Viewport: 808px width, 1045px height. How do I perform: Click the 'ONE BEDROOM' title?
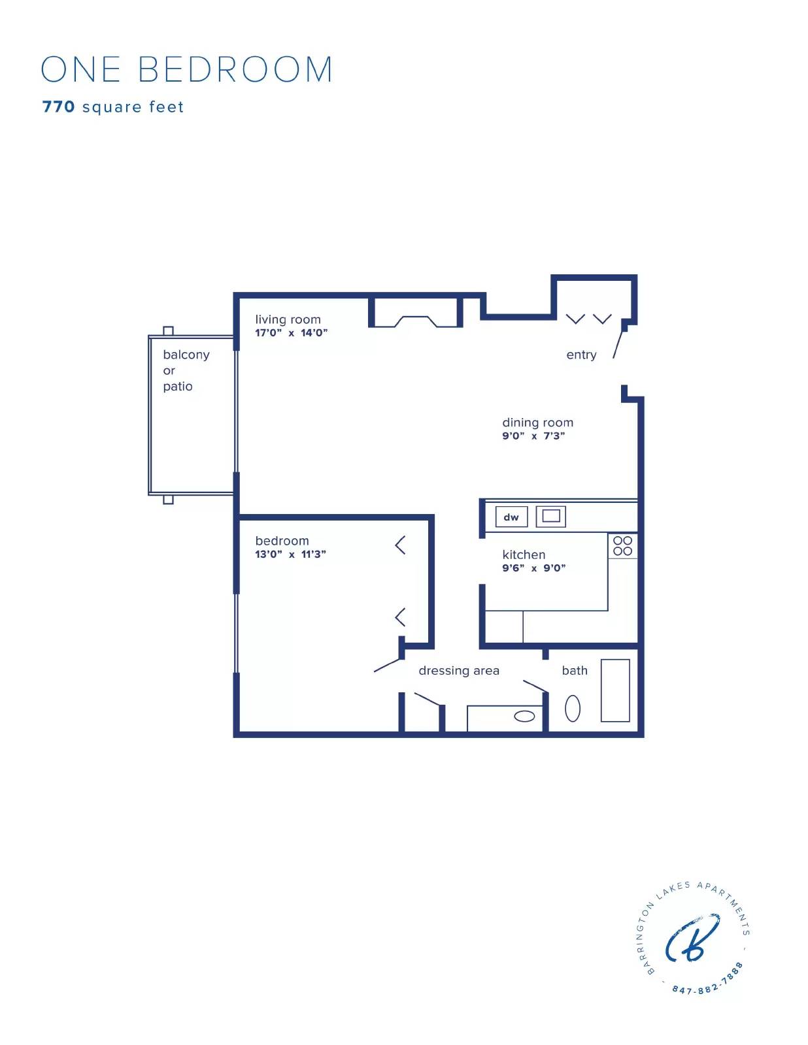pos(187,69)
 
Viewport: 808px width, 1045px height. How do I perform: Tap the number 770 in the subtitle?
pos(58,107)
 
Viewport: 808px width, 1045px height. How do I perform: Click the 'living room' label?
pos(288,319)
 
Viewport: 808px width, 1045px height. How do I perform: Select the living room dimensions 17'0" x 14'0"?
pos(291,332)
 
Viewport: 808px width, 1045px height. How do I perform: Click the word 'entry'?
pos(581,355)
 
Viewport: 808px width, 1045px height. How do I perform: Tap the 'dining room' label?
pos(537,423)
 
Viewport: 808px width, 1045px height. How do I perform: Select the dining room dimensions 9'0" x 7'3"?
pos(533,436)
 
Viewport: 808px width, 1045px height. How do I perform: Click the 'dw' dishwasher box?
pos(511,517)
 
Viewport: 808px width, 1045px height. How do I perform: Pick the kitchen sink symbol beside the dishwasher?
pos(550,516)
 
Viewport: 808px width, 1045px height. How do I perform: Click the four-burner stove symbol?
pos(622,546)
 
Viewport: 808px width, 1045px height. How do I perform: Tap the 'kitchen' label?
pos(523,555)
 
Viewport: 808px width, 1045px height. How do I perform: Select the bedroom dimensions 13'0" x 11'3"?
pos(290,554)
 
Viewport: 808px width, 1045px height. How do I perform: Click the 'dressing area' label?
pos(458,671)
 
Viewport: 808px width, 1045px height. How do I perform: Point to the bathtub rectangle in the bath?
pos(614,690)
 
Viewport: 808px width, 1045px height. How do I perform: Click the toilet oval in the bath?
pos(572,709)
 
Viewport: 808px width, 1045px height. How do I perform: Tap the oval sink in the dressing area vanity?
pos(524,716)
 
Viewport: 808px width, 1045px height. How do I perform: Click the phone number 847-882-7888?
pos(708,982)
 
